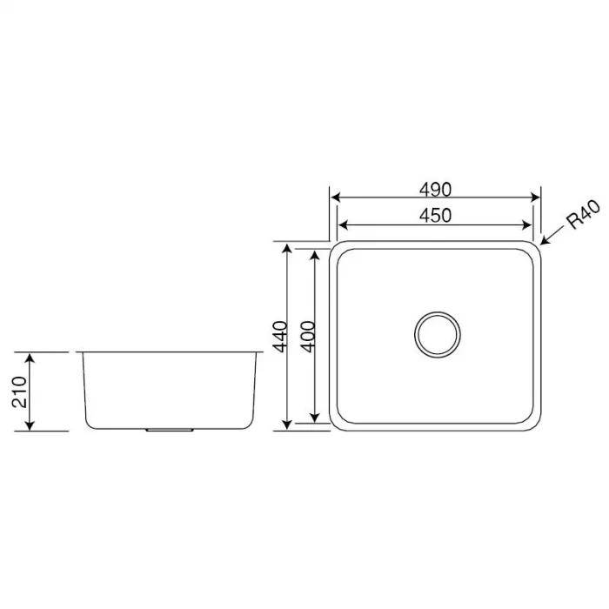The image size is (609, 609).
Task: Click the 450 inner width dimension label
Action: [435, 215]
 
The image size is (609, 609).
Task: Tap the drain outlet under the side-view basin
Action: [170, 429]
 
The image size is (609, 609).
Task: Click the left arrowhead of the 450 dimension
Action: [342, 224]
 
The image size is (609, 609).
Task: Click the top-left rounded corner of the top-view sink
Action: [336, 248]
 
